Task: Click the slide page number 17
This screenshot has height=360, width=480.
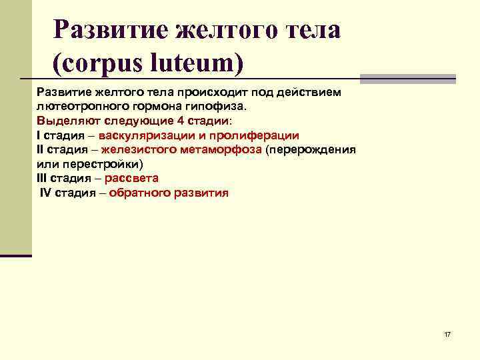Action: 447,333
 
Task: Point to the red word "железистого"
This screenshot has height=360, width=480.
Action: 137,149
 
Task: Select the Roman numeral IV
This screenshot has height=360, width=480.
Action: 45,193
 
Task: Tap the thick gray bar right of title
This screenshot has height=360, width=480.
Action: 407,78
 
